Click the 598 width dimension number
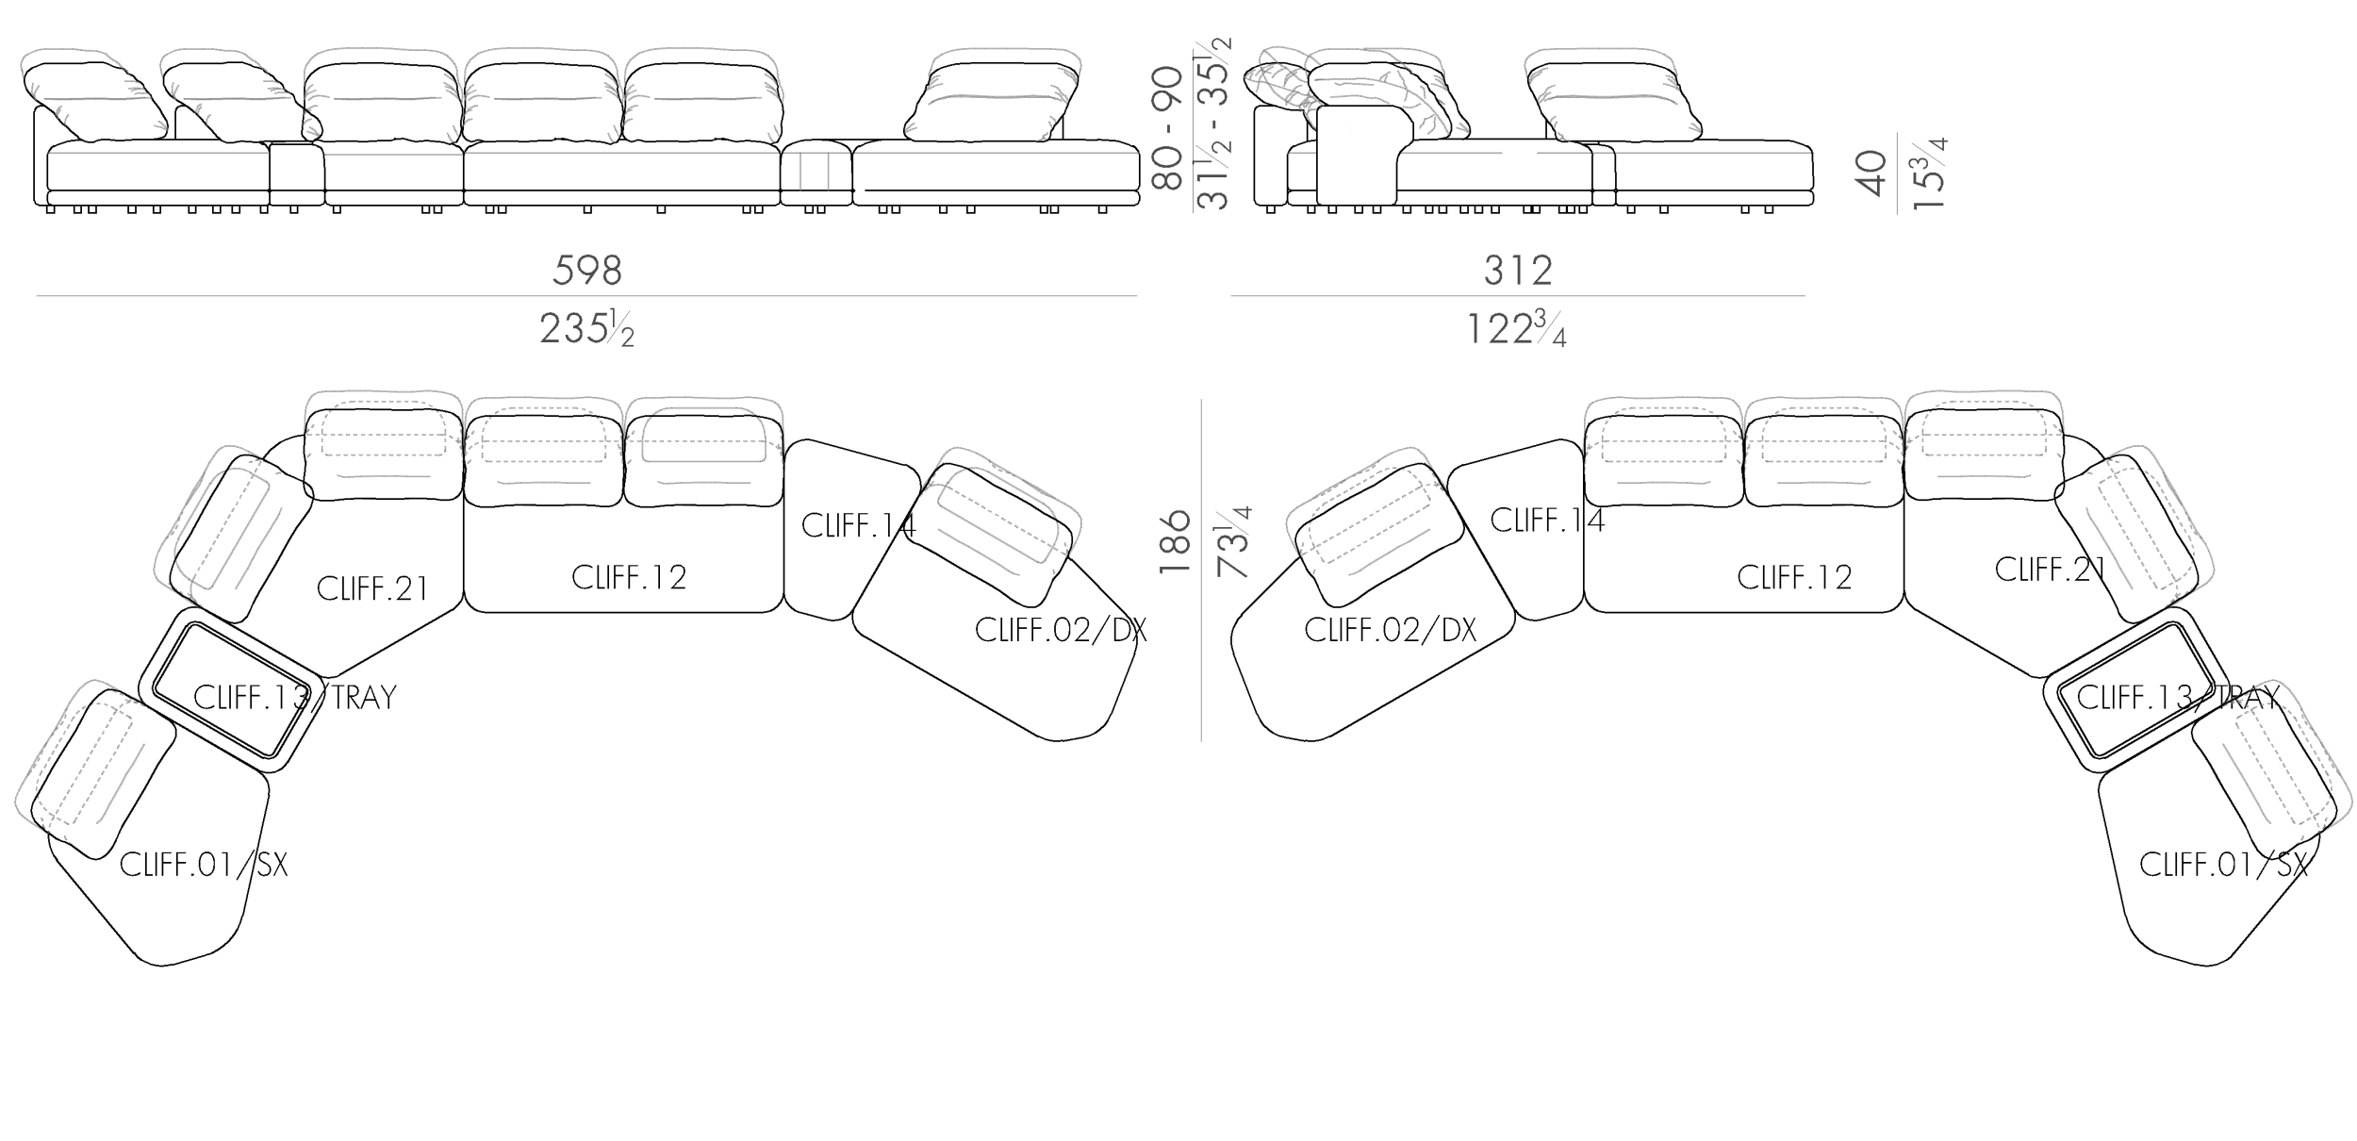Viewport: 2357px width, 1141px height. [587, 271]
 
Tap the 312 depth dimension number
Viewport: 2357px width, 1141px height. [1518, 271]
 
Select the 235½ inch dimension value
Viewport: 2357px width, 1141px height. [586, 329]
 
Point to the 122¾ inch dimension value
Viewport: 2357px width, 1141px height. [1516, 329]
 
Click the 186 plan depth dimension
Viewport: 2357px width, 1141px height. [1175, 542]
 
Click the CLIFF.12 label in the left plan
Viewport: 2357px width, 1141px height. [629, 577]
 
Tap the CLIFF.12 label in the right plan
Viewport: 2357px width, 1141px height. [1794, 577]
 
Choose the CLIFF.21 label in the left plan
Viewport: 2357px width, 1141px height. [372, 588]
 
